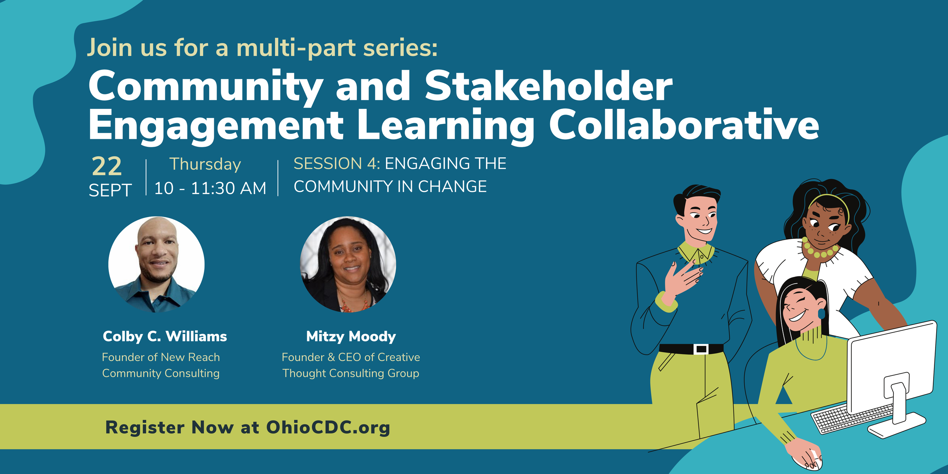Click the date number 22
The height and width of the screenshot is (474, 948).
pyautogui.click(x=107, y=166)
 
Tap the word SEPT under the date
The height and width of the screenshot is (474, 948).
pyautogui.click(x=110, y=190)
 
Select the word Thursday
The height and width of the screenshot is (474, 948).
pyautogui.click(x=205, y=164)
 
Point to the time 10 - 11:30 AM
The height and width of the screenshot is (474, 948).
pyautogui.click(x=210, y=188)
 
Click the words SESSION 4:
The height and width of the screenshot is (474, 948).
pyautogui.click(x=337, y=164)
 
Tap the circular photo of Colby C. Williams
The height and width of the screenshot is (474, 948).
pyautogui.click(x=156, y=264)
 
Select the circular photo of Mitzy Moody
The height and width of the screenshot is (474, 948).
pyautogui.click(x=348, y=264)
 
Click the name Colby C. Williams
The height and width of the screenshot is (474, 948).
pyautogui.click(x=165, y=336)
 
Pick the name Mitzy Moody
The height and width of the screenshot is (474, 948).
pyautogui.click(x=351, y=336)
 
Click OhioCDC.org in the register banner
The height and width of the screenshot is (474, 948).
pyautogui.click(x=328, y=427)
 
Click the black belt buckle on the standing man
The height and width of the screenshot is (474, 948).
pyautogui.click(x=700, y=349)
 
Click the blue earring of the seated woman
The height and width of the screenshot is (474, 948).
pyautogui.click(x=821, y=314)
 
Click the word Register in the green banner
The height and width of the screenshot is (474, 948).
pyautogui.click(x=144, y=427)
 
